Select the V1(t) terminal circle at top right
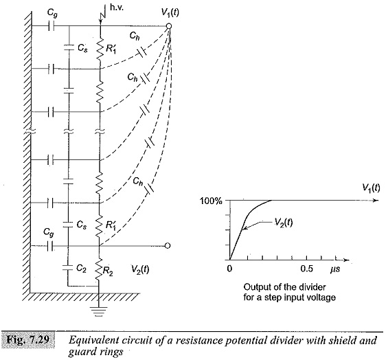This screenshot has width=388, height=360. (169, 25)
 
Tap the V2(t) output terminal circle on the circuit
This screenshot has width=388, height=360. (168, 246)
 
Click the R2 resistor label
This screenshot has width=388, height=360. (108, 272)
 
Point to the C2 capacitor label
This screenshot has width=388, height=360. (81, 268)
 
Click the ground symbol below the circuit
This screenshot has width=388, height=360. (99, 311)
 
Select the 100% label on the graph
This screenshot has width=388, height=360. (211, 201)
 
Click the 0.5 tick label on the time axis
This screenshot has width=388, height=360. (307, 269)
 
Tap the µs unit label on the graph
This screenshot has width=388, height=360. (335, 269)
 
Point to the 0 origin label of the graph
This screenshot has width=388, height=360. (229, 269)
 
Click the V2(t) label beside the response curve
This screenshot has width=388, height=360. (284, 223)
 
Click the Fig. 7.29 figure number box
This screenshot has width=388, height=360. (27, 339)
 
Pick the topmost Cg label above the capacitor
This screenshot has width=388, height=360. (52, 14)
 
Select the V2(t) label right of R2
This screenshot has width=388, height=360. (140, 269)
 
